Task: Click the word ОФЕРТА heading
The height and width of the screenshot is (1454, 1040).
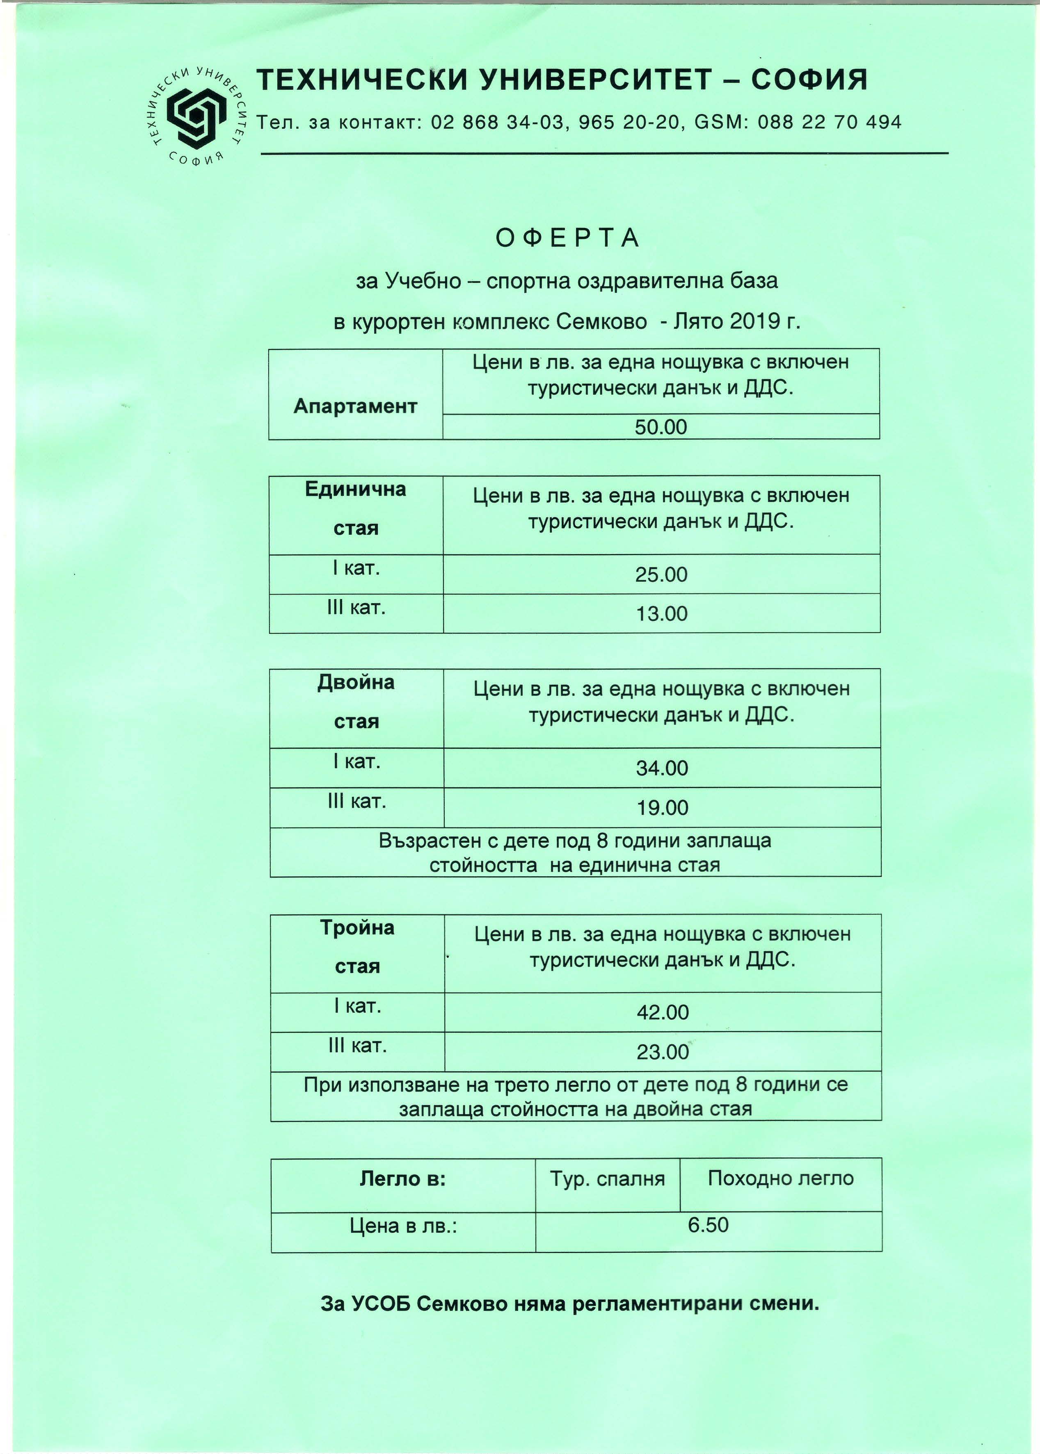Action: pyautogui.click(x=567, y=237)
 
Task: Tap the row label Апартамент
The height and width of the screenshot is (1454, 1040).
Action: pyautogui.click(x=355, y=406)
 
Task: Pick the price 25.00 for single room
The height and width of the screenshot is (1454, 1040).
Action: pyautogui.click(x=661, y=574)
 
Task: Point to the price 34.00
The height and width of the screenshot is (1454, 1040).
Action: pyautogui.click(x=661, y=768)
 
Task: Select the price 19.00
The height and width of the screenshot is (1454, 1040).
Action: pyautogui.click(x=662, y=808)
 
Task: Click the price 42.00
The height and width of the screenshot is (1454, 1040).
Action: pyautogui.click(x=663, y=1012)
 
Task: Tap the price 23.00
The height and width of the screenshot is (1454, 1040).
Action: pyautogui.click(x=663, y=1052)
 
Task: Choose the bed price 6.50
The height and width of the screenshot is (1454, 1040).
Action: pyautogui.click(x=708, y=1225)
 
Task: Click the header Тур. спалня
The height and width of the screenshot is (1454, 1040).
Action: pyautogui.click(x=607, y=1179)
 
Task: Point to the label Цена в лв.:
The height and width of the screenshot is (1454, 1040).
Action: pyautogui.click(x=403, y=1226)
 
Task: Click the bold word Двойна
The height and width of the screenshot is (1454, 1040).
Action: pyautogui.click(x=356, y=683)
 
